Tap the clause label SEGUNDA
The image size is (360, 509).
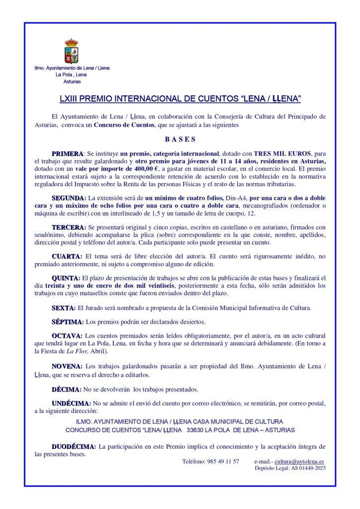(x=69, y=198)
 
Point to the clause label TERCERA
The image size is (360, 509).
(x=69, y=227)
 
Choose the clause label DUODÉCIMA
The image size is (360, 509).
(x=74, y=447)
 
